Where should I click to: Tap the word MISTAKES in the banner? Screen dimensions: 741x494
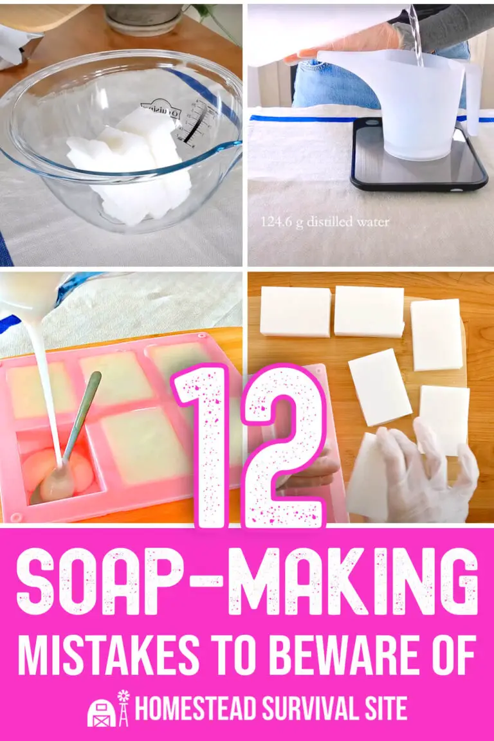coord(107,651)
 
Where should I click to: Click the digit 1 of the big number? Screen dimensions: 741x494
coord(205,444)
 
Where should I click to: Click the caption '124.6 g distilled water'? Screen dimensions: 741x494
coord(325,222)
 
